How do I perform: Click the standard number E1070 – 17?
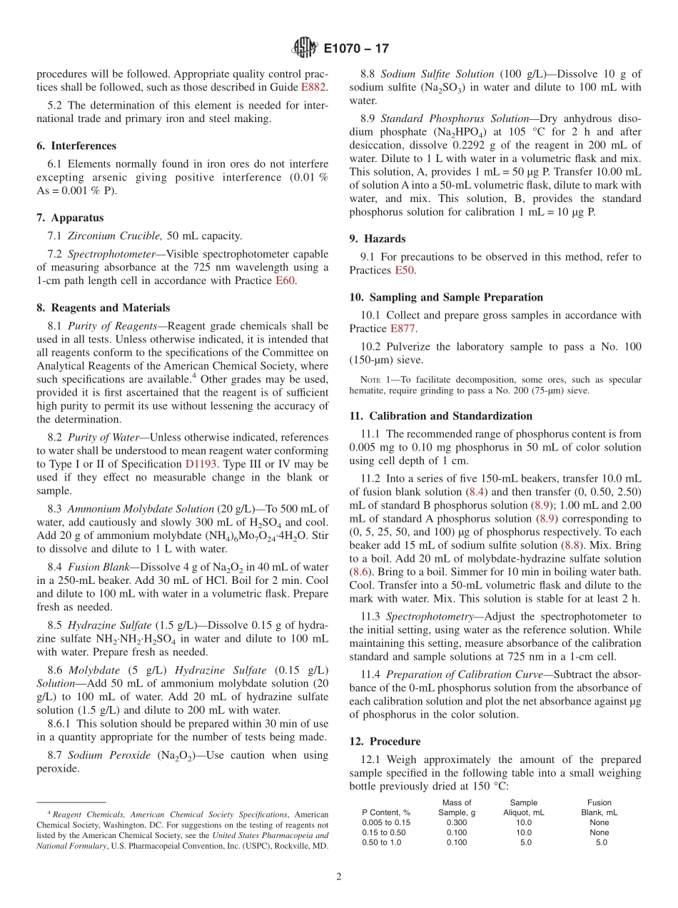point(356,49)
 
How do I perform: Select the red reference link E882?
point(313,87)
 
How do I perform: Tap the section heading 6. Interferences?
point(76,146)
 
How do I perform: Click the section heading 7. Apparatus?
point(70,218)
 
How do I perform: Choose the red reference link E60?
point(285,281)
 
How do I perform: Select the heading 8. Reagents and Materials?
point(103,308)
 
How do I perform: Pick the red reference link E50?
point(405,271)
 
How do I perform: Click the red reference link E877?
point(403,328)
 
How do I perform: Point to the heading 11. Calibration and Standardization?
point(441,415)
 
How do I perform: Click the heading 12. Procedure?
point(385,741)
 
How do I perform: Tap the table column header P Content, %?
point(386,812)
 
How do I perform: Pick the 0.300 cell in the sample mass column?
point(457,822)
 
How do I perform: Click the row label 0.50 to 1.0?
point(382,842)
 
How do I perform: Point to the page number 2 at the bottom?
point(339,877)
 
